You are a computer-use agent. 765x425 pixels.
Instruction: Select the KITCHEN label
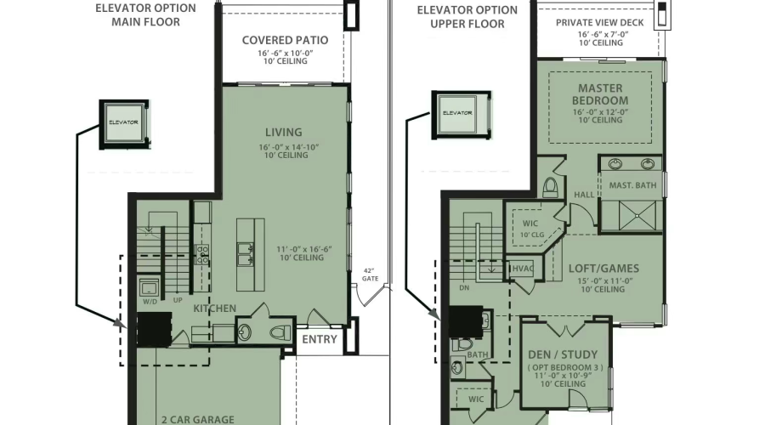[x=214, y=308]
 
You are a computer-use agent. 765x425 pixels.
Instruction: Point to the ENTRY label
[x=320, y=340]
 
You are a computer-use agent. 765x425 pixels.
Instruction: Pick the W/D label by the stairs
[x=150, y=301]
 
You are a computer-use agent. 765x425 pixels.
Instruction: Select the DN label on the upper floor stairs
[x=463, y=288]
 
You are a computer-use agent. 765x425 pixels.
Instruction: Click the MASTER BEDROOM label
[x=600, y=94]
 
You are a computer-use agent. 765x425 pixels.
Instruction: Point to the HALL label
[x=584, y=195]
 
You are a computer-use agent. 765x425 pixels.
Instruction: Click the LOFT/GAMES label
[x=603, y=268]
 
